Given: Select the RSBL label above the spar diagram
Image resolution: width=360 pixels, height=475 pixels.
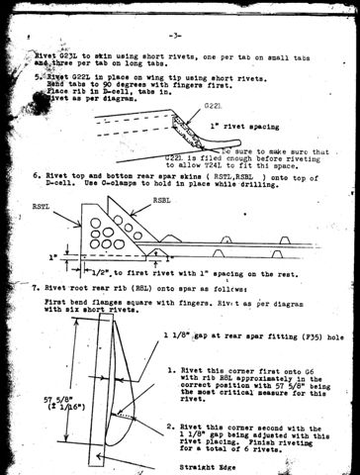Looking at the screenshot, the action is pyautogui.click(x=163, y=199).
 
